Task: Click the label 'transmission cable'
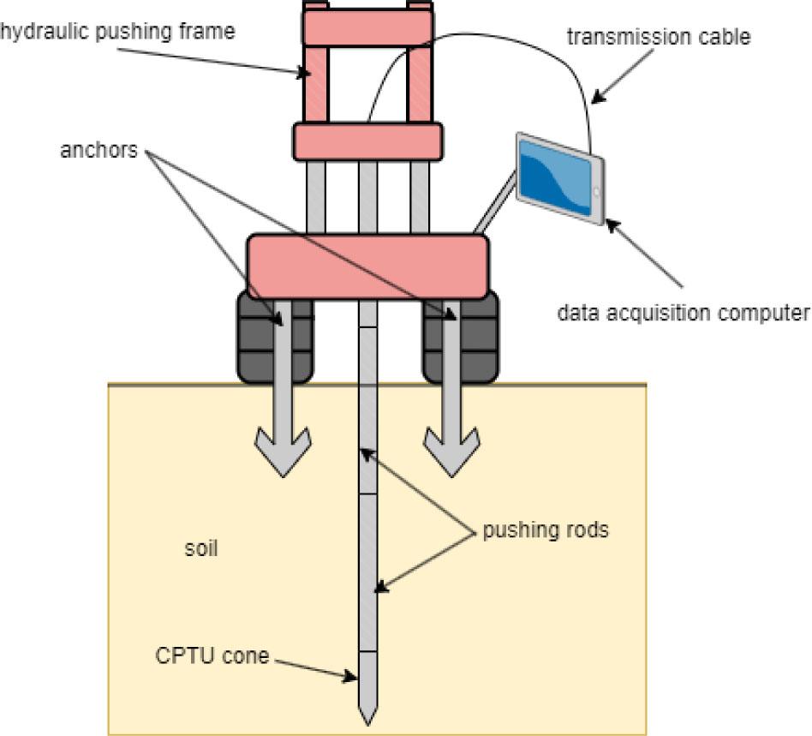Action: (x=659, y=36)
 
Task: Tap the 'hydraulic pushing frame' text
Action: (x=117, y=32)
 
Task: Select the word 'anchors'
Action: (x=99, y=149)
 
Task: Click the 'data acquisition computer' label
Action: (x=682, y=313)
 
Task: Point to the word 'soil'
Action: (x=201, y=548)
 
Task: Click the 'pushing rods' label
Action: (x=546, y=530)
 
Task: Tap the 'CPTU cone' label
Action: (x=212, y=656)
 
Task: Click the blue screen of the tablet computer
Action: (x=556, y=177)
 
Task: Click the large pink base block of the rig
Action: (x=367, y=266)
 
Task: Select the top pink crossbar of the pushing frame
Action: (x=366, y=27)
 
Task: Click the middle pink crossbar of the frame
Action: (x=367, y=141)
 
